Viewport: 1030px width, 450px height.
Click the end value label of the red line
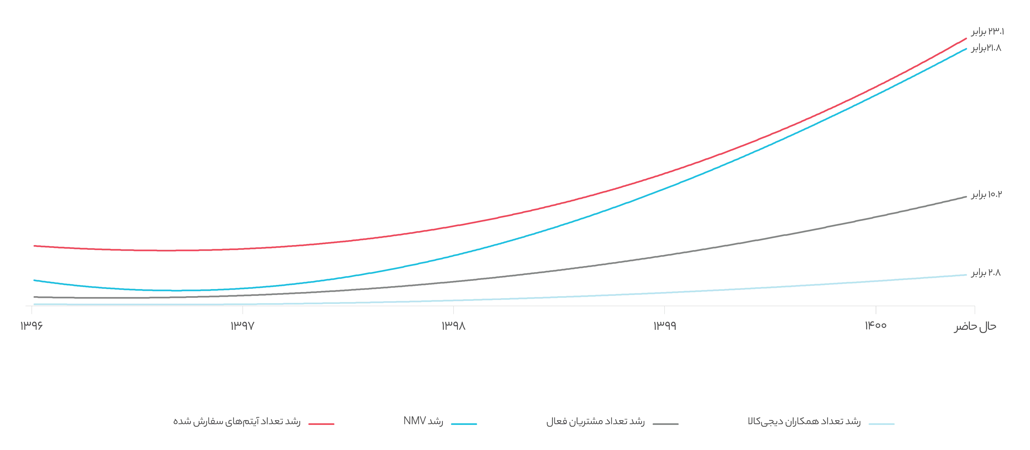pyautogui.click(x=987, y=32)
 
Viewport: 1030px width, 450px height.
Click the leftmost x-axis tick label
pyautogui.click(x=32, y=327)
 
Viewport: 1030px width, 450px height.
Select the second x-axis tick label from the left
pyautogui.click(x=242, y=327)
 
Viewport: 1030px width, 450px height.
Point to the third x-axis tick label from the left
pyautogui.click(x=454, y=327)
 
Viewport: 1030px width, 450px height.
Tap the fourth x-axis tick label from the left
pyautogui.click(x=665, y=327)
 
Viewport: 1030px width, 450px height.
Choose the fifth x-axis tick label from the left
pyautogui.click(x=876, y=327)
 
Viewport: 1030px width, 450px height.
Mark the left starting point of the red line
pyautogui.click(x=34, y=246)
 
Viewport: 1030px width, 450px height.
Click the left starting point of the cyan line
pyautogui.click(x=34, y=281)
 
